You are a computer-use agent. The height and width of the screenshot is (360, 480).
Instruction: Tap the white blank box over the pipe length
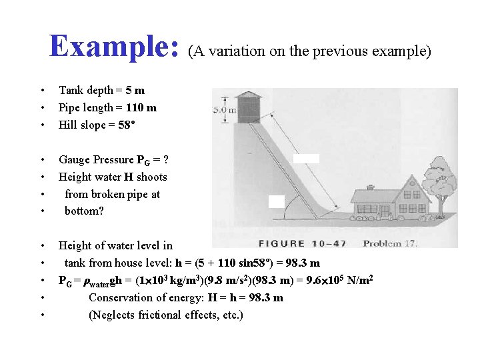coord(306,159)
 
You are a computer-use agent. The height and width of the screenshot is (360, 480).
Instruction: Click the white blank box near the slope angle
coord(277,201)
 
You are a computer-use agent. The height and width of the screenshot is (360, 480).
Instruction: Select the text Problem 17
coord(390,243)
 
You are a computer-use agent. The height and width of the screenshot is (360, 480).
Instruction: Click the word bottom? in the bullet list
coord(85,211)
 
